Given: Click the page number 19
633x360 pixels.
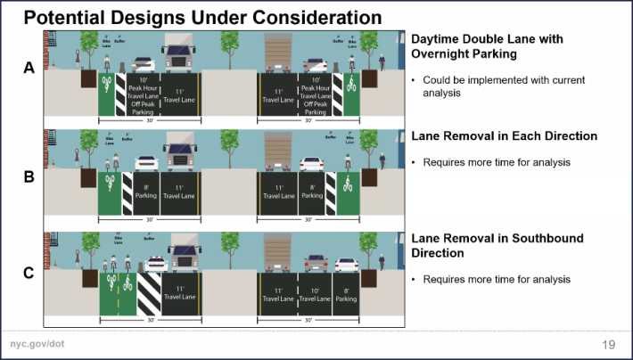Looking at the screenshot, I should pos(610,344).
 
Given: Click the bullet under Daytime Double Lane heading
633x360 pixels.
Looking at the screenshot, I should pos(504,86).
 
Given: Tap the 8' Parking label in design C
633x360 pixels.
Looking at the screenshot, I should pos(347,293).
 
